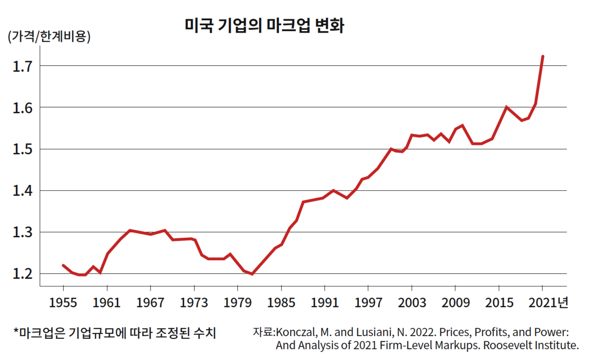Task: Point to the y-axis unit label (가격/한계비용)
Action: click(x=49, y=37)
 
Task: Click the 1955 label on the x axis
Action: click(x=63, y=303)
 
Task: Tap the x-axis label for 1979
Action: click(x=237, y=303)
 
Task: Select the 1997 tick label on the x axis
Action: click(x=368, y=303)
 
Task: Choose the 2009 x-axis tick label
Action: click(x=455, y=303)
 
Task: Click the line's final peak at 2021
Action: click(x=543, y=57)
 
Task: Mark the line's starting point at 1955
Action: click(x=63, y=265)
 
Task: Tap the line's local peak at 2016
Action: click(x=506, y=107)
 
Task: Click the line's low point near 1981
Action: click(x=252, y=274)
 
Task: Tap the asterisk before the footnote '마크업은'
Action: click(x=16, y=331)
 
